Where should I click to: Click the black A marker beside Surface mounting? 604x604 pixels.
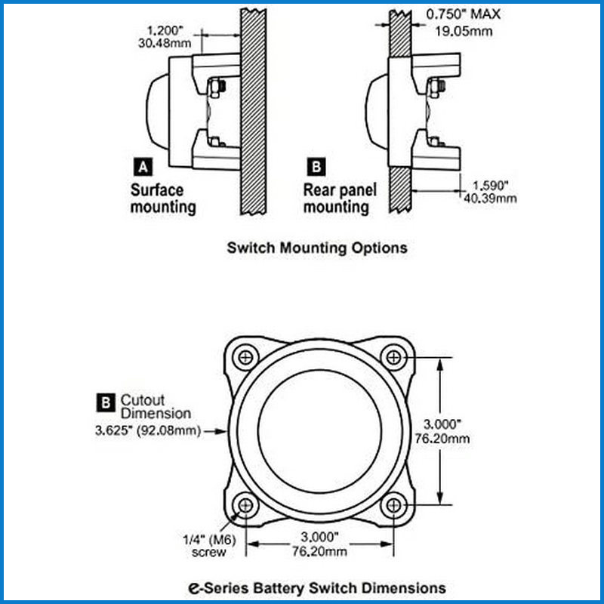[x=143, y=167]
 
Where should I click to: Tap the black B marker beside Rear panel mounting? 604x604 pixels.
[x=316, y=167]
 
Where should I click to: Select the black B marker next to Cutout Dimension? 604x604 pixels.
[x=106, y=402]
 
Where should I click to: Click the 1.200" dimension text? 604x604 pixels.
[x=165, y=30]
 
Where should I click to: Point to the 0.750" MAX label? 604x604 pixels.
[x=463, y=14]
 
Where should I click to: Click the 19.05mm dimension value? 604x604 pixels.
[x=464, y=31]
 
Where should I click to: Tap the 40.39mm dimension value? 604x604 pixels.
[x=490, y=199]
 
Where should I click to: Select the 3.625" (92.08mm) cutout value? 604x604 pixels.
[x=148, y=430]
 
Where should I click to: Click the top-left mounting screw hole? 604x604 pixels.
[x=245, y=357]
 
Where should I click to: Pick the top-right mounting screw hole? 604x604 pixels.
[x=393, y=357]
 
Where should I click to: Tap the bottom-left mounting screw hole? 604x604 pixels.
[x=245, y=505]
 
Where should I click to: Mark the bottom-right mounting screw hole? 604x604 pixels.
[x=393, y=505]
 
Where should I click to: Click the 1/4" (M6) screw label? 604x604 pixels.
[x=209, y=546]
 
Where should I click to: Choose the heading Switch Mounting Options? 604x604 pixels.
[x=317, y=248]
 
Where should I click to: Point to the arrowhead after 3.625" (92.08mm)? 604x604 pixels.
[x=221, y=431]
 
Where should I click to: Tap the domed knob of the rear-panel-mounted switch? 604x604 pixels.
[x=376, y=112]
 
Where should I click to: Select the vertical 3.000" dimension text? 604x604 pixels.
[x=442, y=424]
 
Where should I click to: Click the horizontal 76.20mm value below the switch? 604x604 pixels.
[x=319, y=551]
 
